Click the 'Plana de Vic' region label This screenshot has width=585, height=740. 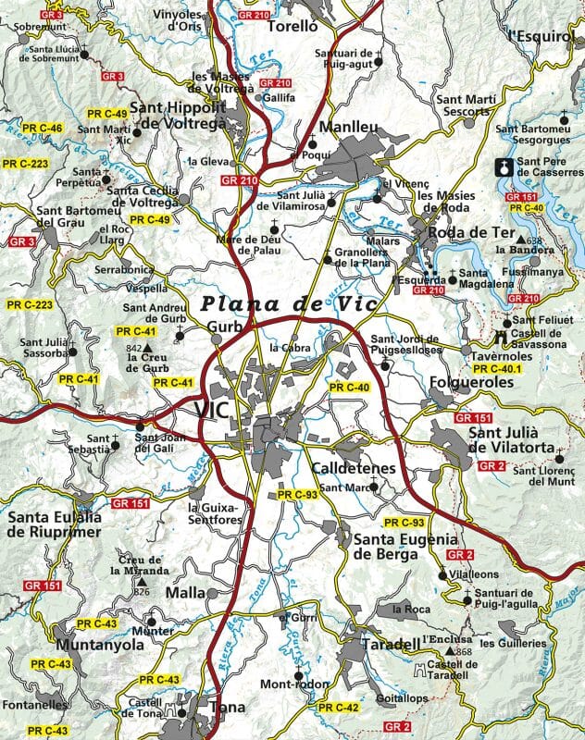pyautogui.click(x=277, y=303)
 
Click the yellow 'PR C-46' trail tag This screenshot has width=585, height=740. pyautogui.click(x=39, y=128)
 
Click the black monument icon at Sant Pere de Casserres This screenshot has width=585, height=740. pyautogui.click(x=504, y=168)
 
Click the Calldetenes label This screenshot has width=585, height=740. pyautogui.click(x=353, y=469)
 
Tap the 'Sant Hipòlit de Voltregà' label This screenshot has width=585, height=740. pyautogui.click(x=190, y=117)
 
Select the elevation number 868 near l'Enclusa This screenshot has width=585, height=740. pyautogui.click(x=464, y=653)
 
